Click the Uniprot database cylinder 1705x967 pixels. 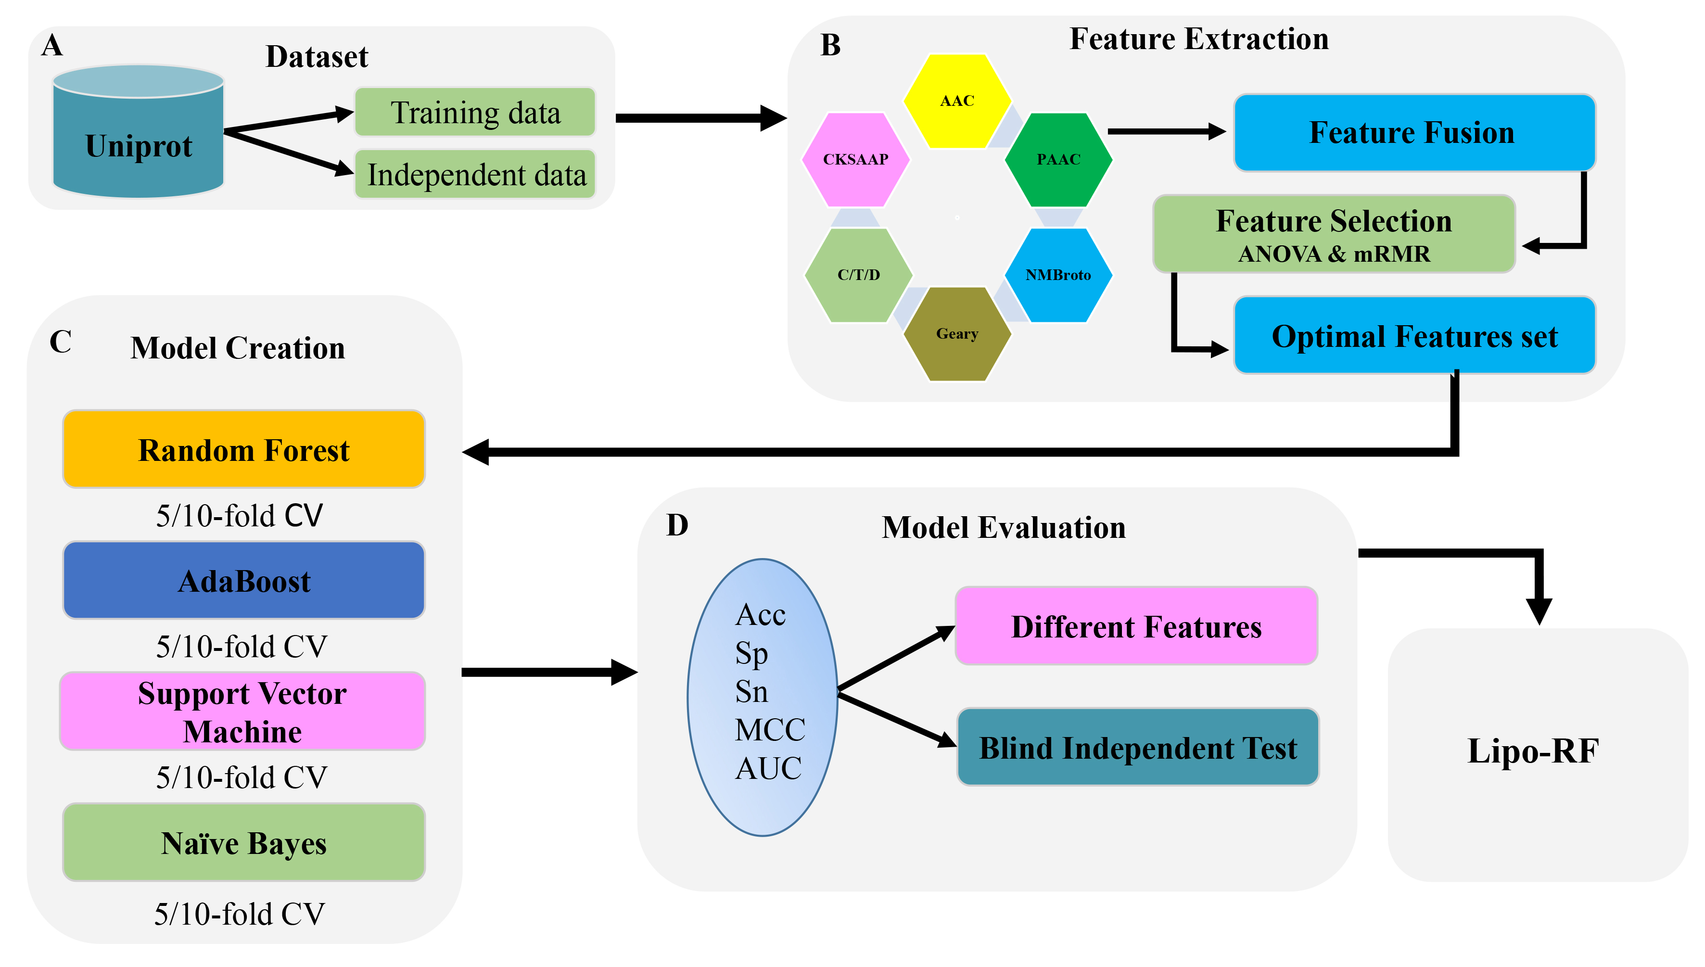(x=138, y=133)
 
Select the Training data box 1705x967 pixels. (x=475, y=112)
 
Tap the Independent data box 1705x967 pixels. (x=475, y=175)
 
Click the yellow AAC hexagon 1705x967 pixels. (x=957, y=101)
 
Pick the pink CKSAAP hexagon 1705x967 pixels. (x=855, y=159)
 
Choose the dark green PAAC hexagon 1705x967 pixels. (x=1058, y=159)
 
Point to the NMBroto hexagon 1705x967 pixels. (x=1058, y=275)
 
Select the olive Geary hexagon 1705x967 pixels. (x=957, y=333)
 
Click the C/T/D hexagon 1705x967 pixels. (x=858, y=275)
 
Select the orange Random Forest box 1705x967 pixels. (x=243, y=450)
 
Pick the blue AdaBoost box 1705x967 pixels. (x=243, y=581)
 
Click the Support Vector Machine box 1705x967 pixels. (x=242, y=712)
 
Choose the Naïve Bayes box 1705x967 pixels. (x=243, y=843)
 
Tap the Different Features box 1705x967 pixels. (x=1136, y=626)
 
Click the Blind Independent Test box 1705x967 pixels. (x=1137, y=748)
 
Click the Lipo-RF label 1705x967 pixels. (x=1532, y=751)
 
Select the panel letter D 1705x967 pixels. (x=677, y=525)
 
